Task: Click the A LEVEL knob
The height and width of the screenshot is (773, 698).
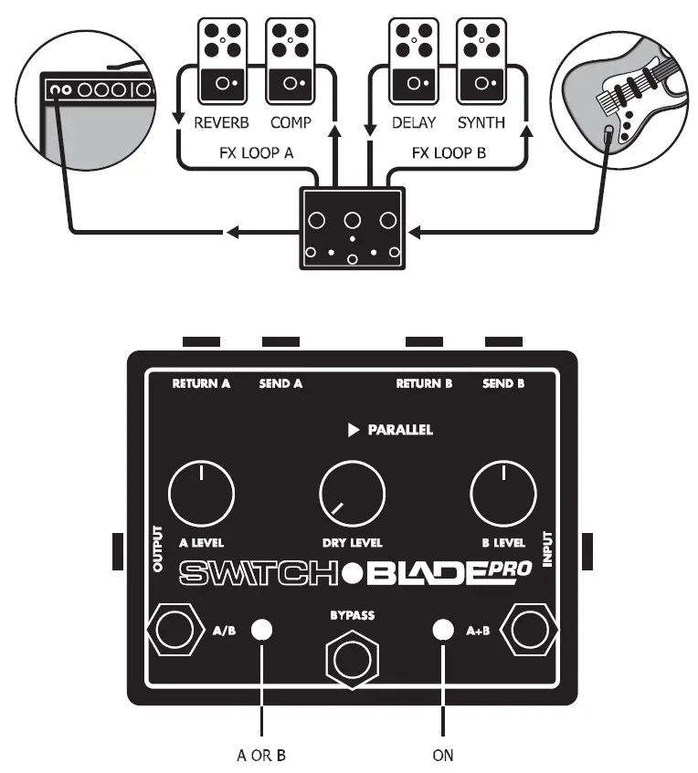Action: tap(201, 496)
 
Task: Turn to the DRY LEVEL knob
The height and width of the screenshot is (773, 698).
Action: tap(352, 496)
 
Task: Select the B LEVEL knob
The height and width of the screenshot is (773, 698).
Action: tap(502, 496)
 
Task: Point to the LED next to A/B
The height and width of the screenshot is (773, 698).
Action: tap(262, 629)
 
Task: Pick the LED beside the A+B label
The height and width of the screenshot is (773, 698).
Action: tap(442, 629)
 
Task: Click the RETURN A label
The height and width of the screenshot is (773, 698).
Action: tap(201, 384)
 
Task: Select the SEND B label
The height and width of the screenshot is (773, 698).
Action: tap(503, 384)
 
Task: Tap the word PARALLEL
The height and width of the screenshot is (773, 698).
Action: tap(400, 430)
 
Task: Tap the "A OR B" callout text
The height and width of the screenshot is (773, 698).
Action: tap(261, 755)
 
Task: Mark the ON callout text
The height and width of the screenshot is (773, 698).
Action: tap(442, 755)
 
